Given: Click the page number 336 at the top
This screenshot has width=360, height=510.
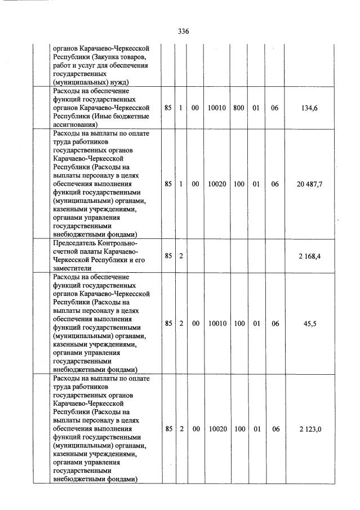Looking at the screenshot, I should pos(183,32).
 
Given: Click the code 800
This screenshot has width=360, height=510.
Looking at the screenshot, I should pos(239,108).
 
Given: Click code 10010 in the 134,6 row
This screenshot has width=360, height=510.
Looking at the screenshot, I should pos(217,108).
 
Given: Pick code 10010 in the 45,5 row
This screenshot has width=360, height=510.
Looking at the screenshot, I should pos(217,323).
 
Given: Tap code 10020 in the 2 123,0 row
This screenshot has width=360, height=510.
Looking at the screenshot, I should pos(217,429).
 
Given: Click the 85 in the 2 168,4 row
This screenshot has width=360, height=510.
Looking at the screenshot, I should pos(168,256).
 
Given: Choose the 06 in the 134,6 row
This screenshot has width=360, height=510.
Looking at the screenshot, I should pos(274,108).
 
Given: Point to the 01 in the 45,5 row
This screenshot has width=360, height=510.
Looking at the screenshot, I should pos(256,323).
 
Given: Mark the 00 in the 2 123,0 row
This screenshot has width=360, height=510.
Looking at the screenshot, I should pos(195,429).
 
